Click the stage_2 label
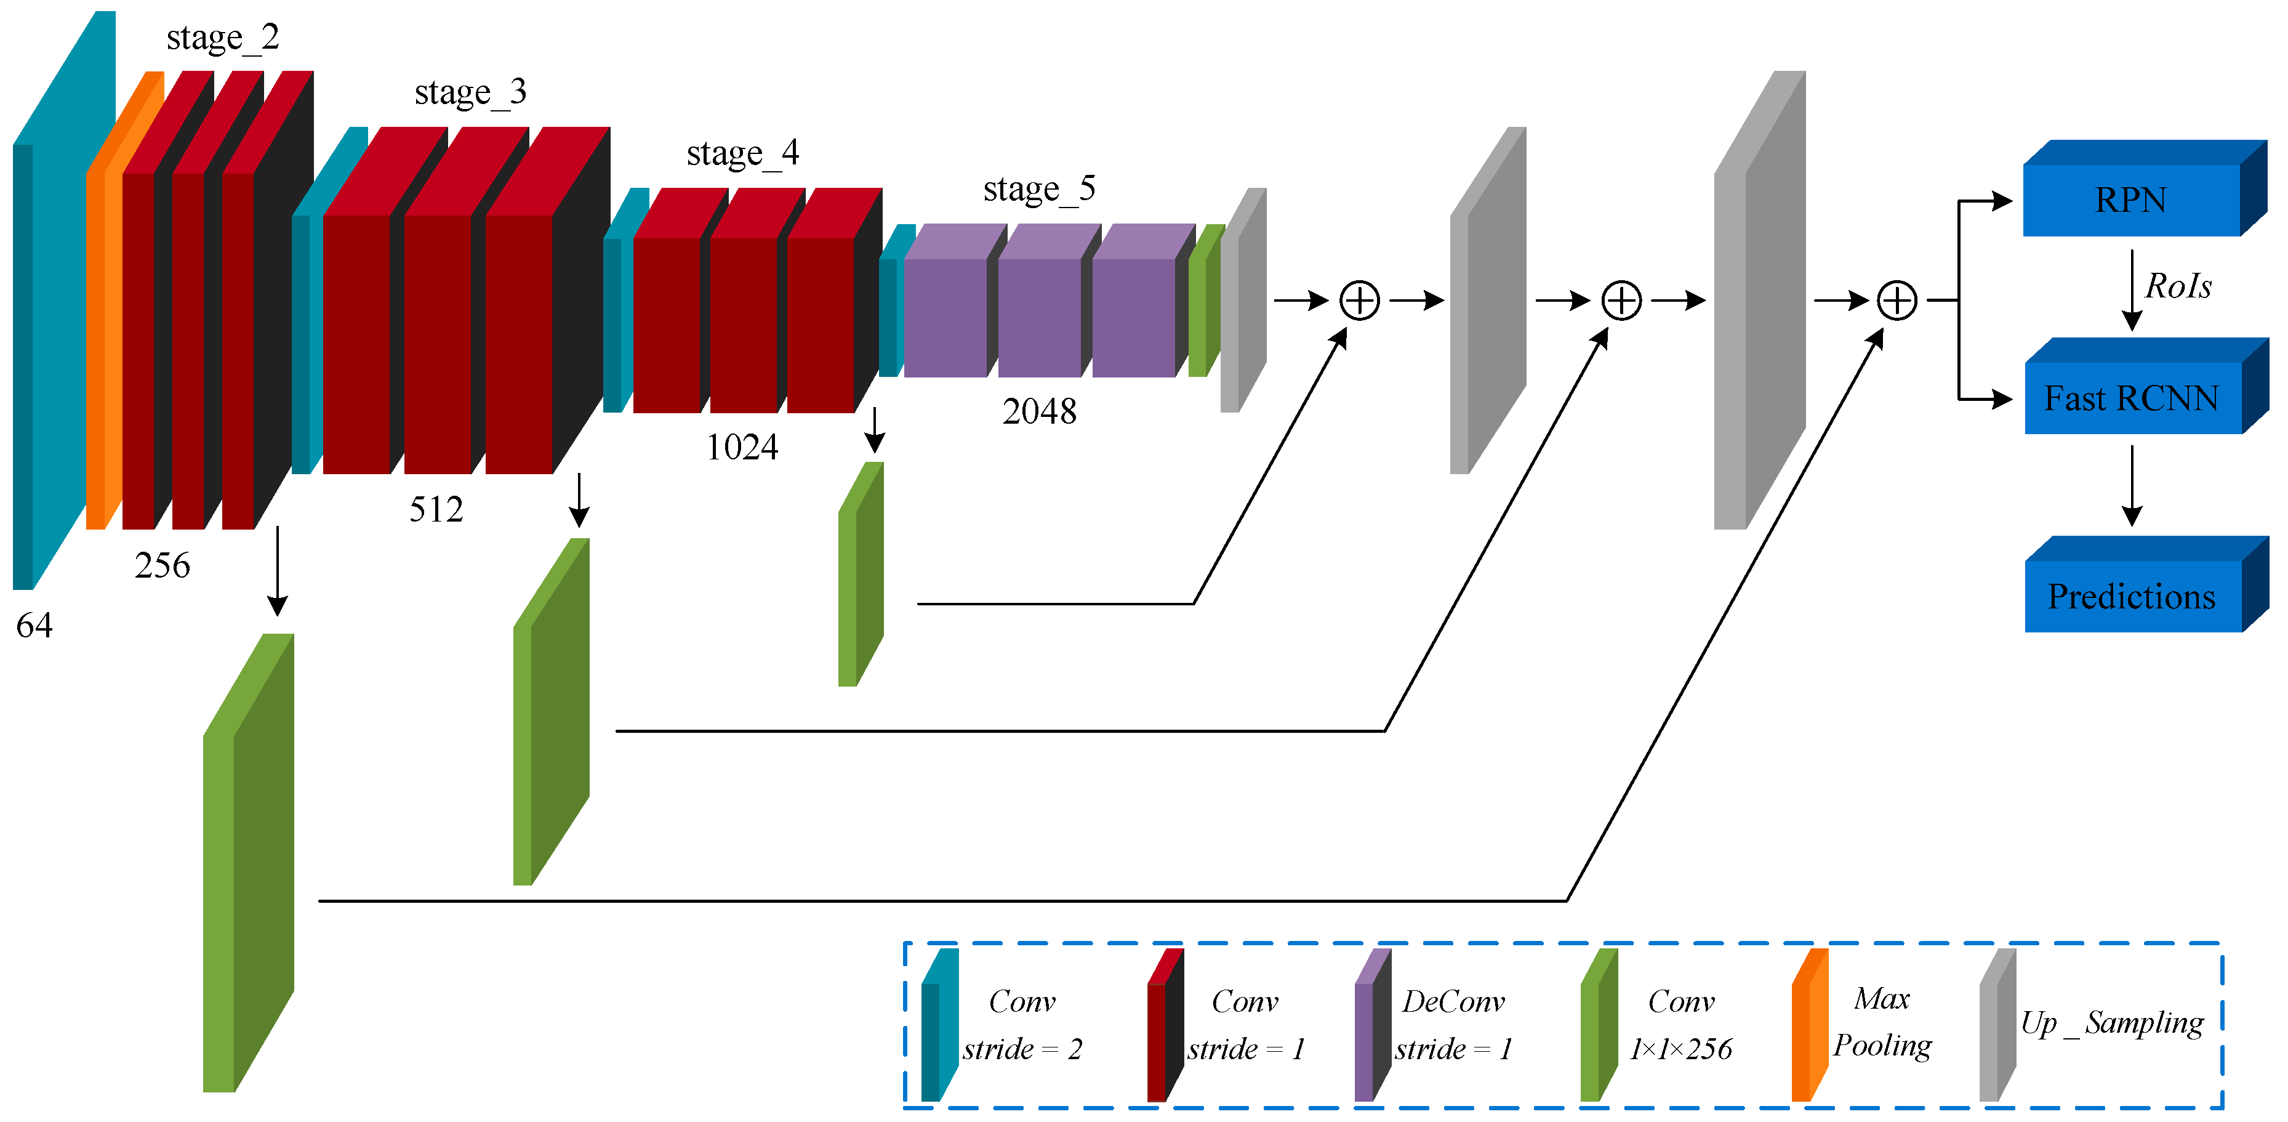(222, 38)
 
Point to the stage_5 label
(1038, 189)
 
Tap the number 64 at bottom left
(34, 626)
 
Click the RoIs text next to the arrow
(2177, 286)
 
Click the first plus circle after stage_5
(1359, 301)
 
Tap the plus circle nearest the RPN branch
(1897, 301)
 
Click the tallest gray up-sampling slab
(1759, 302)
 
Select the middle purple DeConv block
(1039, 315)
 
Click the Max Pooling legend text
(1881, 1022)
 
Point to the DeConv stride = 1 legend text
(1452, 1024)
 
